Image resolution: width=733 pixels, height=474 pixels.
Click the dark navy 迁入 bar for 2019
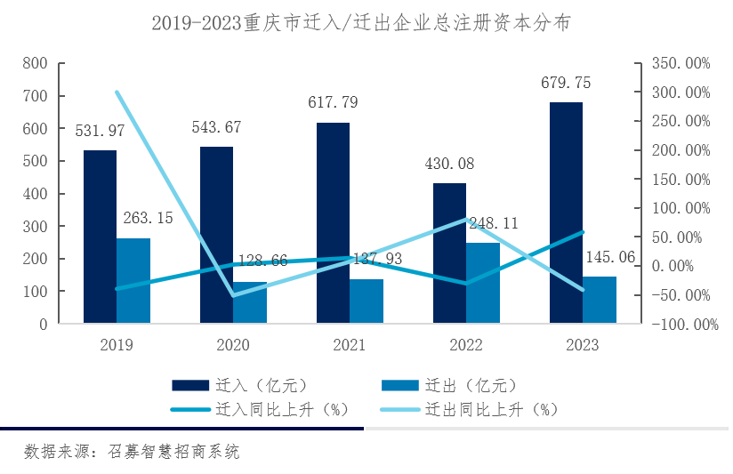[x=100, y=236]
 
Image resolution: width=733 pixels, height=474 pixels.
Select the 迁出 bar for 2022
[x=483, y=282]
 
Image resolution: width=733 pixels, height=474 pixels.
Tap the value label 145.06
[x=614, y=258]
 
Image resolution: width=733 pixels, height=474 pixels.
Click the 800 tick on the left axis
[x=35, y=63]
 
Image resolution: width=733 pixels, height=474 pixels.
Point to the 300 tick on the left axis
[x=35, y=227]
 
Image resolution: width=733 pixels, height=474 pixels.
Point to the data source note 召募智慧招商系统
[x=133, y=451]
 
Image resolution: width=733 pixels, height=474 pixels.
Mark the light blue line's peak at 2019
[x=117, y=92]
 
